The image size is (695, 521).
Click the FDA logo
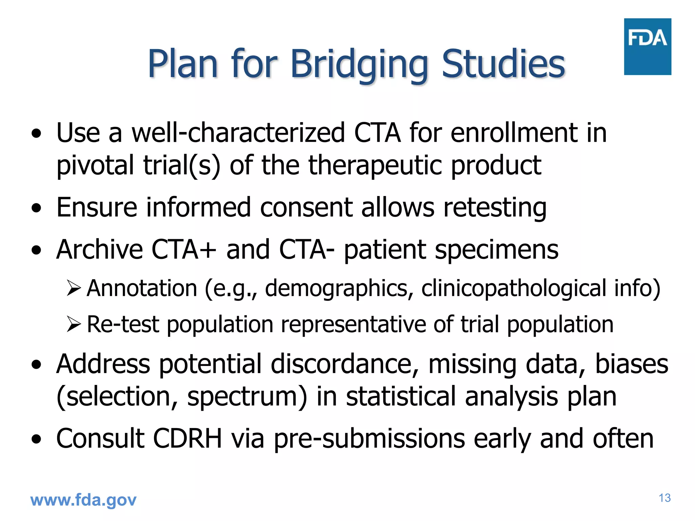pyautogui.click(x=647, y=46)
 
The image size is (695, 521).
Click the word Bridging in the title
pyautogui.click(x=359, y=64)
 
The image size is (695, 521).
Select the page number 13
pyautogui.click(x=664, y=498)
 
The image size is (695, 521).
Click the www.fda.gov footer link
pyautogui.click(x=83, y=500)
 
